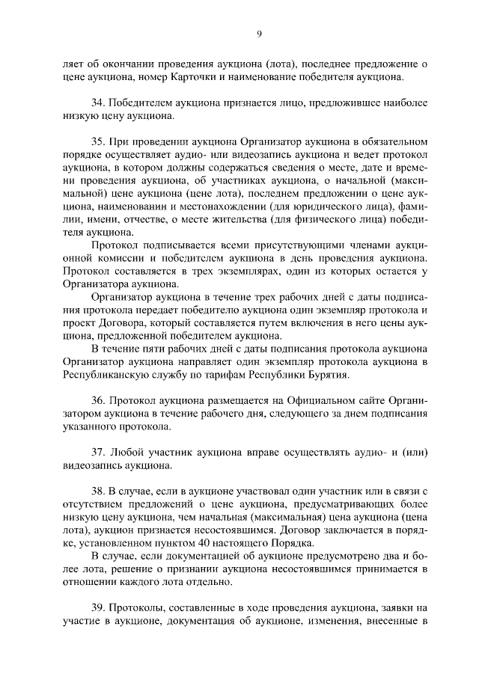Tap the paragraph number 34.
click(x=98, y=102)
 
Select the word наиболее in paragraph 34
click(x=403, y=102)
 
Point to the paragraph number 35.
click(x=98, y=141)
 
